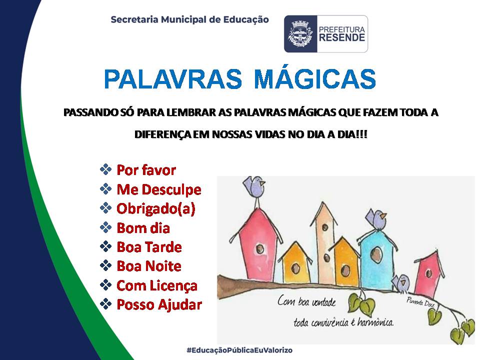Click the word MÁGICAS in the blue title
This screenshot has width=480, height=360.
[x=314, y=78]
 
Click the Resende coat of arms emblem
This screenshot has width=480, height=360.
[x=300, y=33]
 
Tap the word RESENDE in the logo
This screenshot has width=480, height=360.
[x=342, y=37]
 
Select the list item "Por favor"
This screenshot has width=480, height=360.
[x=146, y=170]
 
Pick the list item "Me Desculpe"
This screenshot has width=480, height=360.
[x=159, y=189]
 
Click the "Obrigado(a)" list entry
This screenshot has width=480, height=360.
[x=156, y=209]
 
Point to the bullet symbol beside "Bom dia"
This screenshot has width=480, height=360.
[x=105, y=227]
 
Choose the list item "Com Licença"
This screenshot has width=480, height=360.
[x=157, y=285]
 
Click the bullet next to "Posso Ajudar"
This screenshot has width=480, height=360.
[x=105, y=304]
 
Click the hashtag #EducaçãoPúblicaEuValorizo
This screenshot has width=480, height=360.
[x=239, y=350]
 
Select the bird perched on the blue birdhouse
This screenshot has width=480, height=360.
[x=376, y=218]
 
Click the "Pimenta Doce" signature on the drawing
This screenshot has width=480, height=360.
[x=420, y=302]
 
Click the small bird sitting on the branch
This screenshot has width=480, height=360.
[x=401, y=283]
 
